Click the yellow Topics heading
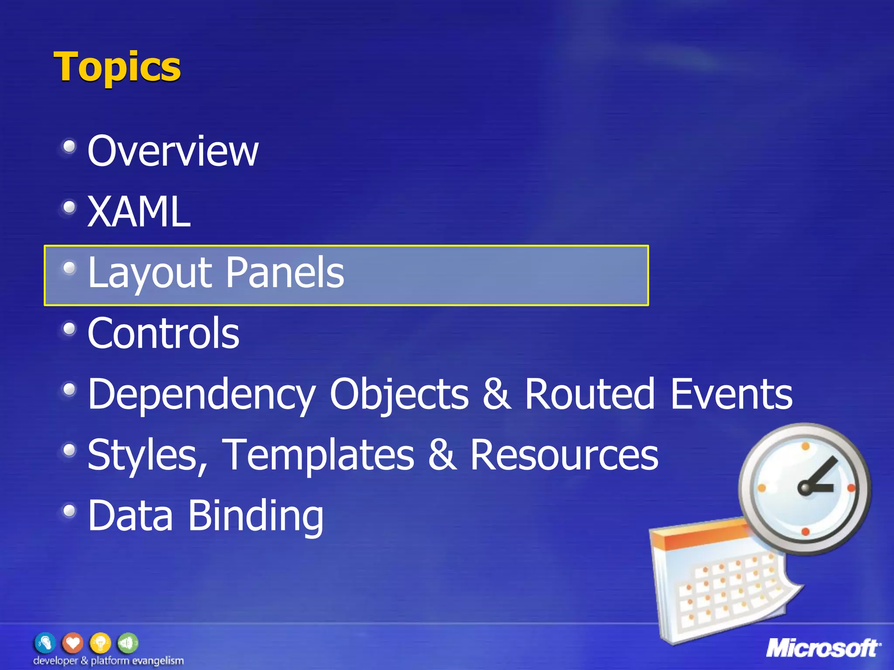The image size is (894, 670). pos(117,67)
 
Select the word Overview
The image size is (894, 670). pos(173,151)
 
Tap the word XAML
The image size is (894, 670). pos(139,212)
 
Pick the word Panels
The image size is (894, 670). pos(285,273)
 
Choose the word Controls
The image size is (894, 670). pos(163,333)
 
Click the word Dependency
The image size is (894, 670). pos(201,394)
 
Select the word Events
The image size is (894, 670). pos(731,394)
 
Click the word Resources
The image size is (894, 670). pos(564,455)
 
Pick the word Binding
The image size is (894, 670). pos(256,516)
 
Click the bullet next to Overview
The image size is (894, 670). pos(69,147)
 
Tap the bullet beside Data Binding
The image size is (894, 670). pos(69,510)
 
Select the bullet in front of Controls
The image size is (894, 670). pos(69,328)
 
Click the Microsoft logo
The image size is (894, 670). pos(823,648)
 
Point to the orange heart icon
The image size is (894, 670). pos(72,643)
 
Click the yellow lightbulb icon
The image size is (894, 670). pos(100,643)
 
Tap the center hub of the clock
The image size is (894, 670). pos(805,487)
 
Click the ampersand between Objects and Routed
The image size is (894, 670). pos(496,394)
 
